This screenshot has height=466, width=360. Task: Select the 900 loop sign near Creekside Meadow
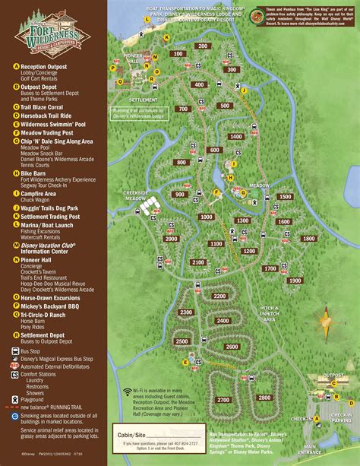(180, 194)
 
